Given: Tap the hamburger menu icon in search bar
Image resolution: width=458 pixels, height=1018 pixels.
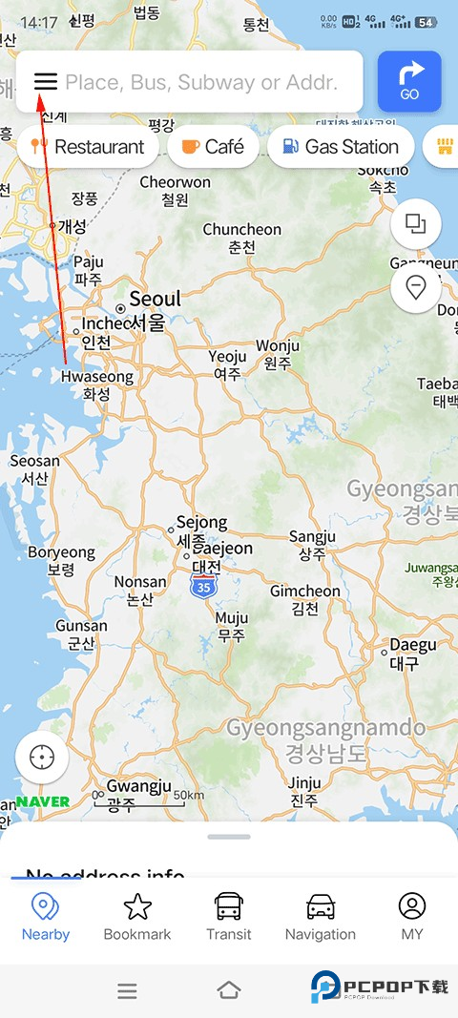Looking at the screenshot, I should pos(46,81).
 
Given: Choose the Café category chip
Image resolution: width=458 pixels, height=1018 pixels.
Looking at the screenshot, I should pos(213,147).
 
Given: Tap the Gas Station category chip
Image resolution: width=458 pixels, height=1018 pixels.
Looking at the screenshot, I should pos(341,147).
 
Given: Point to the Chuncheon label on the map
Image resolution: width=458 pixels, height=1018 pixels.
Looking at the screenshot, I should pos(242,238).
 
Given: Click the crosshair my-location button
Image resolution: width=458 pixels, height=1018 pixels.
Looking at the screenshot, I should pos(42,758).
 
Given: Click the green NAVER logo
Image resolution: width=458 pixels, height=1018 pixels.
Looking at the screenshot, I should pos(43,801).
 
